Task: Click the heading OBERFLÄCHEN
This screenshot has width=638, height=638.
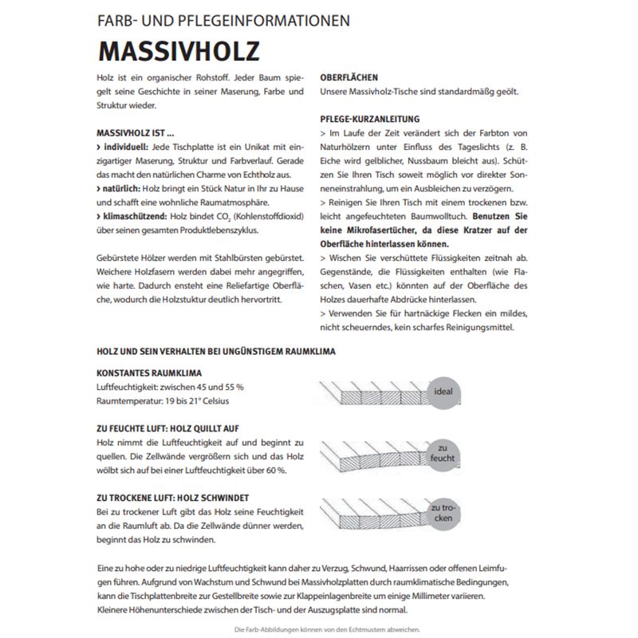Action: (x=350, y=79)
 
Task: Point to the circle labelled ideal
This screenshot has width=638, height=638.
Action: (x=443, y=392)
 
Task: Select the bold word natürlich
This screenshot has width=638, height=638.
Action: (x=119, y=188)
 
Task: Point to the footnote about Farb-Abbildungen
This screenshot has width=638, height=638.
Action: (x=318, y=629)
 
